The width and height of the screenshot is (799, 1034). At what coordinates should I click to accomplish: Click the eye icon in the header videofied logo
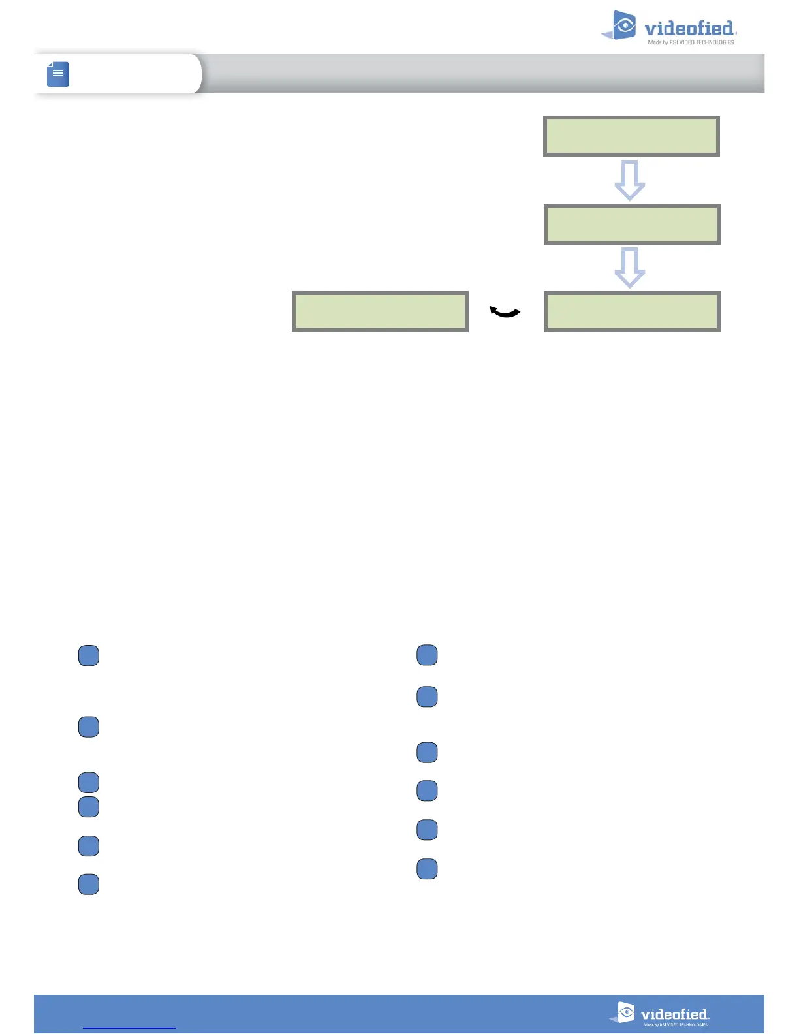625,26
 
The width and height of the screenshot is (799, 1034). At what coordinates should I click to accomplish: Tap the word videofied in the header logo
689,29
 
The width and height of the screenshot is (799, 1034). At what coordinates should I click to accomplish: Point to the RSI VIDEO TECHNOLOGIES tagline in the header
691,42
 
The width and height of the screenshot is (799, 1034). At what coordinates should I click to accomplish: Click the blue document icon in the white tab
58,74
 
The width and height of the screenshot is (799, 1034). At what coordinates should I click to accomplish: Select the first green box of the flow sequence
631,136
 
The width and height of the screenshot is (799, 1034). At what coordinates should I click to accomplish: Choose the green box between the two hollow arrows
632,225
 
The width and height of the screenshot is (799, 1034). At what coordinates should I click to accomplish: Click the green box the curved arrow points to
380,312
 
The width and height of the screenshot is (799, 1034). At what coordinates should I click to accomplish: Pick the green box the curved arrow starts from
632,312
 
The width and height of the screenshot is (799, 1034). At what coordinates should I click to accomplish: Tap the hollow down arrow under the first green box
630,180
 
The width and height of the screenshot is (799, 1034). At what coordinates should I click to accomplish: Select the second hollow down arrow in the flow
630,268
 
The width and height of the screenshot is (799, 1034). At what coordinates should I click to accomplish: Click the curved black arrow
505,313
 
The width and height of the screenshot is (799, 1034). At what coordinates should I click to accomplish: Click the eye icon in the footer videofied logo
626,1012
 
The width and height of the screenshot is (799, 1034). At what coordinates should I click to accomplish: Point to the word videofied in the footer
674,1014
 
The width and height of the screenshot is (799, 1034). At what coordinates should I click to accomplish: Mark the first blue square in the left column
89,655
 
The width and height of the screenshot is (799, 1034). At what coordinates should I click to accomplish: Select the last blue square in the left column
89,885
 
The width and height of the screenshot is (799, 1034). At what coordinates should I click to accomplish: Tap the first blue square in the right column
427,655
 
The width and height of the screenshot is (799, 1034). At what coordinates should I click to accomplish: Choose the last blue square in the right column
427,869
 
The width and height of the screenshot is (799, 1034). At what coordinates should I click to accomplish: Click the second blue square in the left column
89,727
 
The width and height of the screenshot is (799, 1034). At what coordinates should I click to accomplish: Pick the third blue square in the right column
427,753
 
